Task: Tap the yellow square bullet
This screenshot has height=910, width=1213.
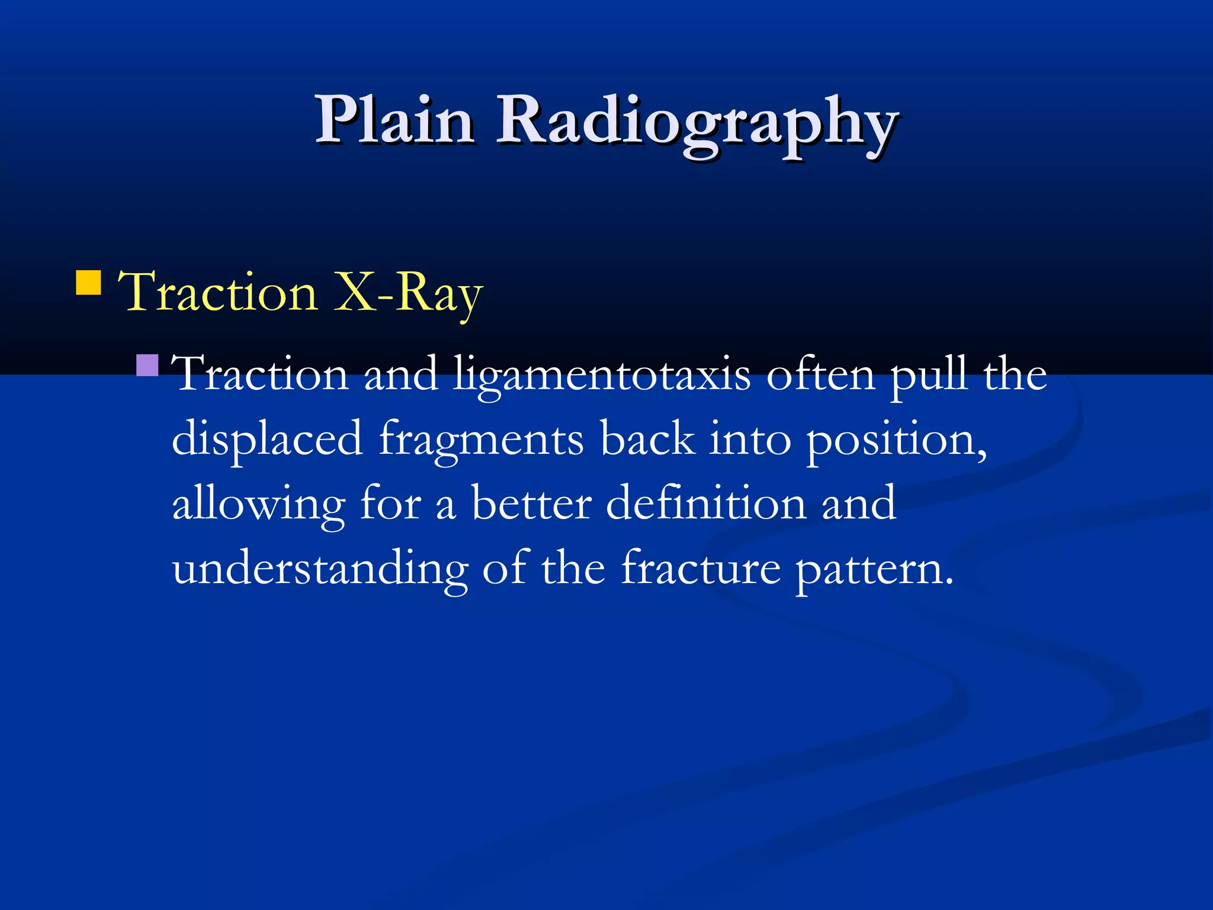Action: click(x=89, y=283)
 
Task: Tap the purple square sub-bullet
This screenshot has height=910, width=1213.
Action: click(x=147, y=366)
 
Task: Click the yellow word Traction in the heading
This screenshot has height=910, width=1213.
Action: click(x=219, y=292)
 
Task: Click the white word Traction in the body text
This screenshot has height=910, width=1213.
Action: click(x=261, y=374)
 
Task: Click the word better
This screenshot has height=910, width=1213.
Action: click(x=531, y=504)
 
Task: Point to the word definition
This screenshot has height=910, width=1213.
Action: click(x=705, y=504)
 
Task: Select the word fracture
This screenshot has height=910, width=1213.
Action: click(x=701, y=568)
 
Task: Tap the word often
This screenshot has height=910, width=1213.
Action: click(x=821, y=374)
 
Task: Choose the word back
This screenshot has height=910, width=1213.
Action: click(x=647, y=439)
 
